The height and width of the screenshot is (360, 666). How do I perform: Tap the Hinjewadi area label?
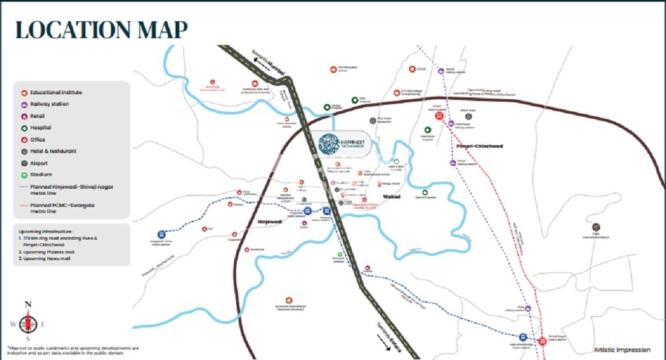tap(271, 222)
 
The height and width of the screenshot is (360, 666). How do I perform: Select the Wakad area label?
tap(392, 197)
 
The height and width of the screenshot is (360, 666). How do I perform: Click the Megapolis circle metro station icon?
tap(162, 234)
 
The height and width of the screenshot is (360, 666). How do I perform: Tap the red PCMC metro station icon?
tap(439, 117)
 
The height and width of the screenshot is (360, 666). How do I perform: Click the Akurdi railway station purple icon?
tap(441, 71)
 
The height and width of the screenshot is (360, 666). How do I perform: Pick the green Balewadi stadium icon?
tap(340, 255)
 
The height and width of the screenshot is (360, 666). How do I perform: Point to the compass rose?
tap(28, 322)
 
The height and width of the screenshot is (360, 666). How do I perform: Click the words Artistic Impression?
tap(622, 350)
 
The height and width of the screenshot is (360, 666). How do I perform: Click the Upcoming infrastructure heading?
tap(46, 232)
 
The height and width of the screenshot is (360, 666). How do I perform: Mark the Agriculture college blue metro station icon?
tap(523, 337)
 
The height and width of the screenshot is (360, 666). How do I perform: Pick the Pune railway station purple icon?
tap(528, 309)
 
